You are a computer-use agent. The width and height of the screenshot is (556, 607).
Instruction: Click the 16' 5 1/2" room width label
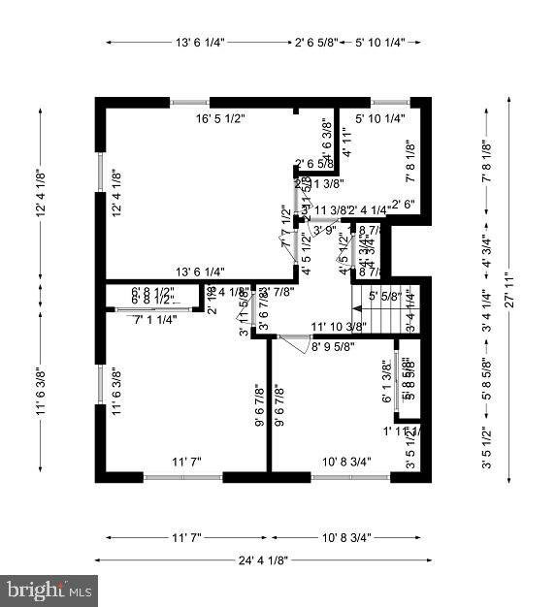tap(220, 118)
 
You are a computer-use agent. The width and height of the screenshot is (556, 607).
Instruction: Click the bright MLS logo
tap(49, 589)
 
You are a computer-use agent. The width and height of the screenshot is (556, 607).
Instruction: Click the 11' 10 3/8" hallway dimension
tap(338, 326)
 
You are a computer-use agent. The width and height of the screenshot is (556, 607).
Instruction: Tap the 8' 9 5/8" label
tap(333, 345)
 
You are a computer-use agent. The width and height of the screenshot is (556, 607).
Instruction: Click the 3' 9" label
tap(324, 230)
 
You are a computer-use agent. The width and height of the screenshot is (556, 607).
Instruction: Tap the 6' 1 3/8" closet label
tap(386, 381)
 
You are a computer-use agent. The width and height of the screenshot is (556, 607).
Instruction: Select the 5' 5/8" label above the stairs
tap(384, 296)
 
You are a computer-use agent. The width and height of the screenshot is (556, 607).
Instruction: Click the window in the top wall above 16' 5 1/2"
tap(190, 101)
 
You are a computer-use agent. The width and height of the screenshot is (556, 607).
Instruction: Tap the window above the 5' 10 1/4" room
tap(391, 101)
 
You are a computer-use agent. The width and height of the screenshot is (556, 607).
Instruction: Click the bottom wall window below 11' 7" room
tap(183, 476)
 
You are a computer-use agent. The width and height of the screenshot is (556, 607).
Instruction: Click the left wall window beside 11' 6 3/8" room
tap(99, 384)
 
